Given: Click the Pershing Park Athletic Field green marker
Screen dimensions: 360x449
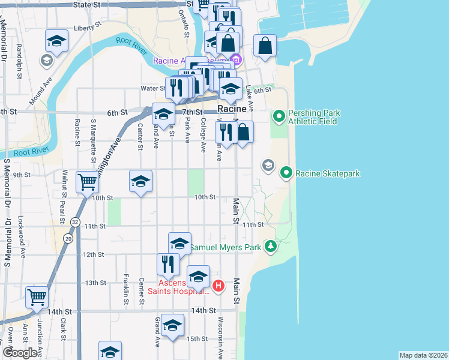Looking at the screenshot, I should point(279,116).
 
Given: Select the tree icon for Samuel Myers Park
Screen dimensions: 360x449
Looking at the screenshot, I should point(271,246).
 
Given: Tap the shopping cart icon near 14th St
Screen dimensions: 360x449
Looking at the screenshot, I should point(37,296).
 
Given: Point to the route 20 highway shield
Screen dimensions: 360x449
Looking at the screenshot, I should point(69,238).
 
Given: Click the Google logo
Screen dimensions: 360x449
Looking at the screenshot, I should point(19,353).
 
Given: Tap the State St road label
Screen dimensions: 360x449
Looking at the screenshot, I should point(86,4).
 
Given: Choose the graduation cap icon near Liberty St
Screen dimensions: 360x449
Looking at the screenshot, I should point(56,41).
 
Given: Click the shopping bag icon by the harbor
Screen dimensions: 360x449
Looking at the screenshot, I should point(265,46).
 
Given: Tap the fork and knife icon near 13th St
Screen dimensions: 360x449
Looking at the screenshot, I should point(168,263).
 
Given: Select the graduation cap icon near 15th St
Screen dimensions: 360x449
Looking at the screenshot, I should point(173,325).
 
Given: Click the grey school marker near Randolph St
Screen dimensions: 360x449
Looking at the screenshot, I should point(46,60).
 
